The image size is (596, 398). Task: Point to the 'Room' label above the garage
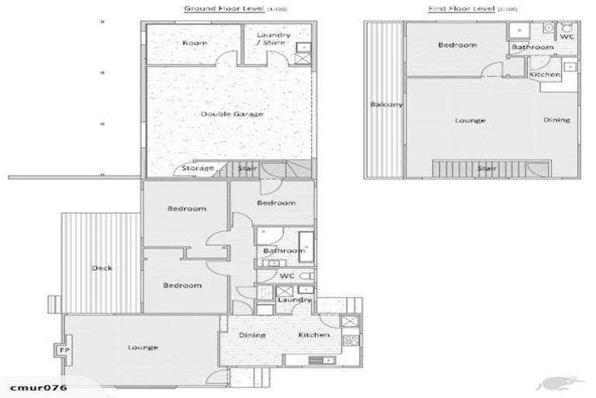[194, 43]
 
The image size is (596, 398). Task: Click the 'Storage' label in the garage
[197, 168]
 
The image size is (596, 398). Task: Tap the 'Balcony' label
[386, 105]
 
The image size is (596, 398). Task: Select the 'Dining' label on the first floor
[556, 120]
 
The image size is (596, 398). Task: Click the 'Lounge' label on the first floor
[470, 120]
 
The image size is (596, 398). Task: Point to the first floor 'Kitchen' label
[545, 75]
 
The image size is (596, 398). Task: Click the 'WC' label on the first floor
[567, 37]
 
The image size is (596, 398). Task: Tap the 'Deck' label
[102, 268]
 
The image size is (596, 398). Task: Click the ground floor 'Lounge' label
[143, 347]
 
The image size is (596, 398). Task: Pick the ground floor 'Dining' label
[252, 335]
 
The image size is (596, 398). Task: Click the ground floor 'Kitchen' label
[314, 335]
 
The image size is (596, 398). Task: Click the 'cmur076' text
[37, 386]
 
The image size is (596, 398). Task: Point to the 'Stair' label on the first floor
[487, 167]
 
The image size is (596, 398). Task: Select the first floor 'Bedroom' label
[457, 45]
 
